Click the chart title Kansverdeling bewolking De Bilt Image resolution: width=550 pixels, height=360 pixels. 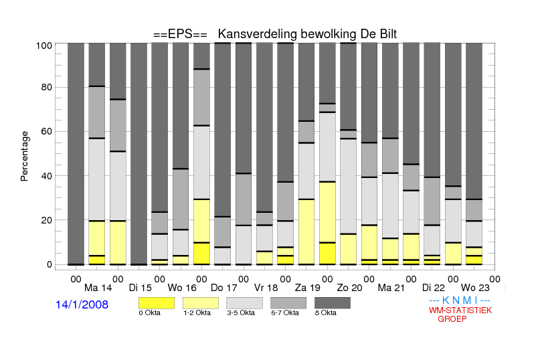[307, 34]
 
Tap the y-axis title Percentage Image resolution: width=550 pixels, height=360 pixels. [24, 156]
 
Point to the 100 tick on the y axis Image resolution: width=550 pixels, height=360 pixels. [44, 46]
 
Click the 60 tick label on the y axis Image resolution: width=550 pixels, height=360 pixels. [47, 131]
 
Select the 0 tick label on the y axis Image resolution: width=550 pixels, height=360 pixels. [50, 264]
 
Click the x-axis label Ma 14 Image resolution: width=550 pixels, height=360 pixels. [98, 288]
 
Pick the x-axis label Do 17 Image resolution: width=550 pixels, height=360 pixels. [223, 288]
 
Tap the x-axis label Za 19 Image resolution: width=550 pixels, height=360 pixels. [308, 288]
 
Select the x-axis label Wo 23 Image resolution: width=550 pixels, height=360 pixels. [475, 288]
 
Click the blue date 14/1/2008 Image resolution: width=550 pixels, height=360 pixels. [82, 304]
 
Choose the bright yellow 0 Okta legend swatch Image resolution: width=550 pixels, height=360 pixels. [157, 303]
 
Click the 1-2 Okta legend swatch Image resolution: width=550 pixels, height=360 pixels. [201, 303]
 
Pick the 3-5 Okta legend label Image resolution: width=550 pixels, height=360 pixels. [241, 312]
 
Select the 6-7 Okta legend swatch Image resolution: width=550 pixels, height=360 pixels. [288, 303]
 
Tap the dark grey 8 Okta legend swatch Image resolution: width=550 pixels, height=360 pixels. [333, 303]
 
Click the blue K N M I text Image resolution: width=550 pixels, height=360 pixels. [460, 300]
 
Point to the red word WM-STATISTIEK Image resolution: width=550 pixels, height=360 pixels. [460, 310]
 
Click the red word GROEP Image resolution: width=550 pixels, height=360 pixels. [452, 319]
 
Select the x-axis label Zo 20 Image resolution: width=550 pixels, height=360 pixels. [349, 288]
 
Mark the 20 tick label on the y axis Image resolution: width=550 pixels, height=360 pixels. [47, 220]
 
